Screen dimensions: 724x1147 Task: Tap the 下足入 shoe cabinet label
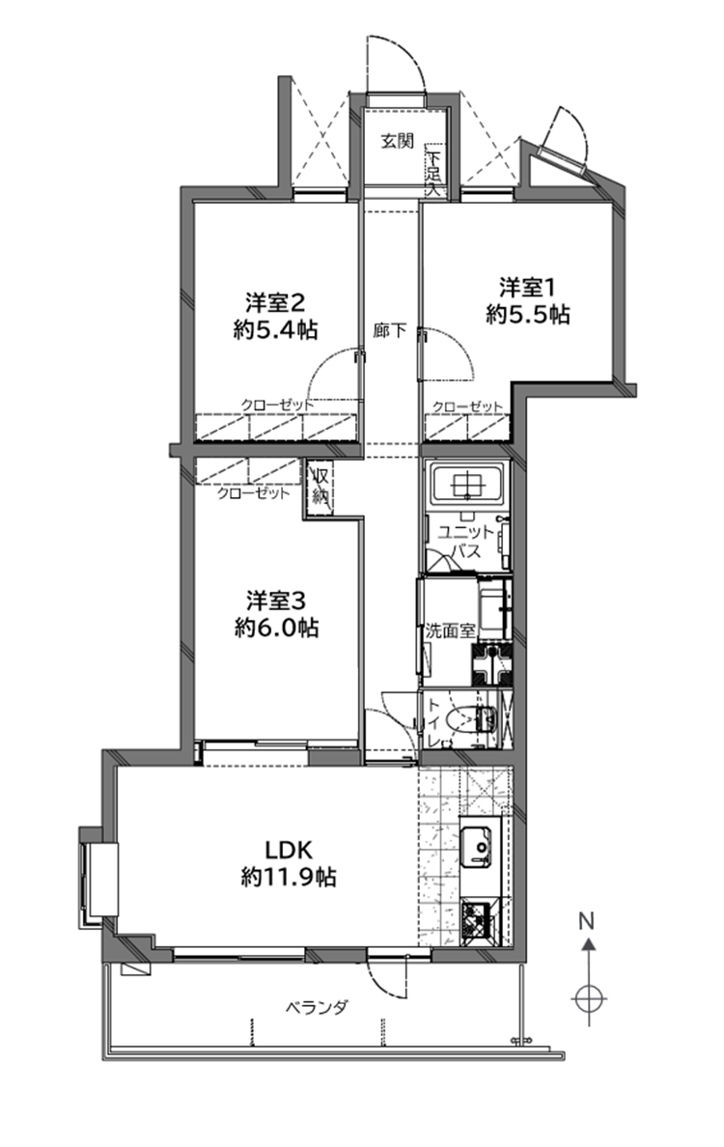coord(434,175)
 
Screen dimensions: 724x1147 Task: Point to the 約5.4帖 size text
coord(276,330)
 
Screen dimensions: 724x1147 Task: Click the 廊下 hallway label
coord(389,331)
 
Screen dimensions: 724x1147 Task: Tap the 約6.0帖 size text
coord(276,627)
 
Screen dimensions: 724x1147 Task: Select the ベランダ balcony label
coord(316,1008)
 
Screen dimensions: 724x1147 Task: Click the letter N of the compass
coord(586,920)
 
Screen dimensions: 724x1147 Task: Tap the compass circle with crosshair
coord(590,997)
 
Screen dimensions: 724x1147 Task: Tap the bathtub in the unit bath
coord(468,483)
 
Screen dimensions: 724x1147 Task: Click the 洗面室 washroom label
coord(449,630)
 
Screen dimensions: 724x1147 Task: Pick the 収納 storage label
coord(321,485)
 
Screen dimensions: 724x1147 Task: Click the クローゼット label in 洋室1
coord(468,406)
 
